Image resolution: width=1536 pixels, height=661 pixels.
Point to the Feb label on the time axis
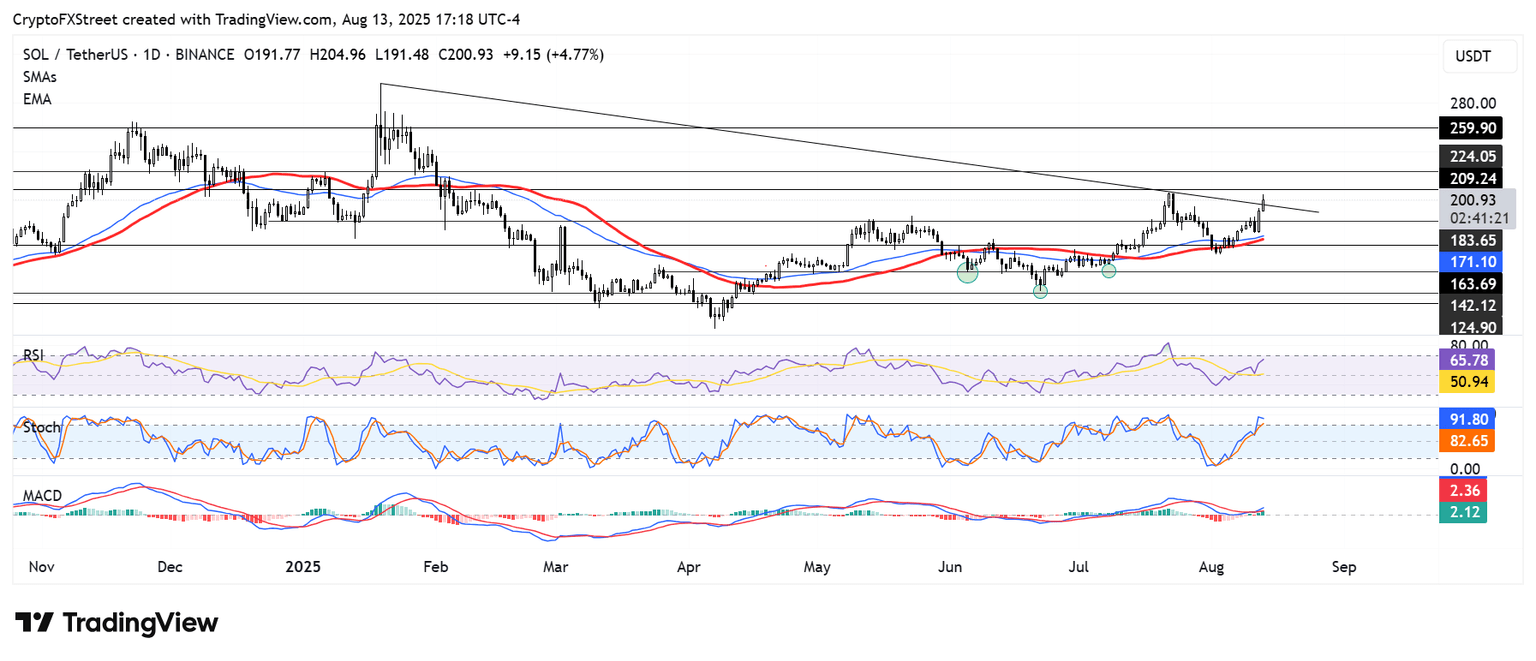(434, 567)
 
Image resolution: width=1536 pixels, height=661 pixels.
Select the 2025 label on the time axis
(302, 567)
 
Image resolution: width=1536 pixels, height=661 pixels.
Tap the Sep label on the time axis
(1344, 567)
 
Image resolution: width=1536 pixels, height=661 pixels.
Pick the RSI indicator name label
(35, 355)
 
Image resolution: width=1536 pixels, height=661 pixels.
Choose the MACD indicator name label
(42, 496)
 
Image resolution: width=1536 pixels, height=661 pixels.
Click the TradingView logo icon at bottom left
(34, 623)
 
